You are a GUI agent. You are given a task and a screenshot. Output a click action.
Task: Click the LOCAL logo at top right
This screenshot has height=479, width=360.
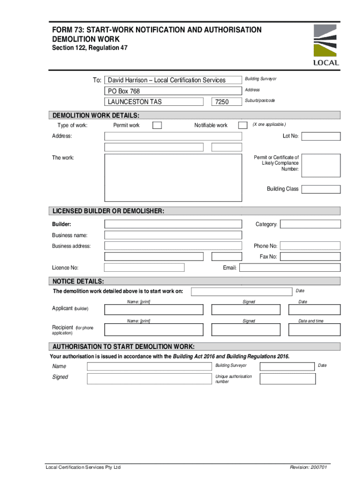pos(326,45)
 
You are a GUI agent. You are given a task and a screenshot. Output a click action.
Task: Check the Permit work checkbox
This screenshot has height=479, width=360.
pos(158,125)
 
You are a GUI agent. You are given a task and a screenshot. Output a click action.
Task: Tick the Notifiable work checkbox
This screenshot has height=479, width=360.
pos(243,125)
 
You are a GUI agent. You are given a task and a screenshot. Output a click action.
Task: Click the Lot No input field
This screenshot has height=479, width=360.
pos(321,136)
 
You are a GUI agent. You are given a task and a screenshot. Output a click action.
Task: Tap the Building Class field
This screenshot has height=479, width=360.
pos(321,189)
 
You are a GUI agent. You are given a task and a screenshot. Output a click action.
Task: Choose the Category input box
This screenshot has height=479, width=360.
pos(310,224)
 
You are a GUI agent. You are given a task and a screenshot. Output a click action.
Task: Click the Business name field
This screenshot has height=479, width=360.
pos(173,235)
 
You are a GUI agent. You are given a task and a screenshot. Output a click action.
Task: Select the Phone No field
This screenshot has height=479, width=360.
pos(310,246)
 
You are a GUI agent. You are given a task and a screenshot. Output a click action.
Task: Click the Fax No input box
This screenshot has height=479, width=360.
pos(310,256)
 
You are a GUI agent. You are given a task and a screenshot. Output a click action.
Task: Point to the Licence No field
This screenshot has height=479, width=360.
pos(144,268)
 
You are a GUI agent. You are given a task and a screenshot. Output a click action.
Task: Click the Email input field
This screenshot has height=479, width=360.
pos(290,268)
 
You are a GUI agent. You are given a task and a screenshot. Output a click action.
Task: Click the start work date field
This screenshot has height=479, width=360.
pos(241,291)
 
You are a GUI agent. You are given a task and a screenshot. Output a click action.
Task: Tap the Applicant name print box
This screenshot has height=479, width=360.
pos(154,310)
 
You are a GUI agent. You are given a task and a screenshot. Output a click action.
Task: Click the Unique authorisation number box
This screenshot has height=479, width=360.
pos(287,378)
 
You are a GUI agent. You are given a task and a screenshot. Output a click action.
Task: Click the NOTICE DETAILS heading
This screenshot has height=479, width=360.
pos(79,281)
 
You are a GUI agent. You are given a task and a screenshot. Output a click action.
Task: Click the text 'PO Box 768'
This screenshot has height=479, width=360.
pos(124,91)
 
